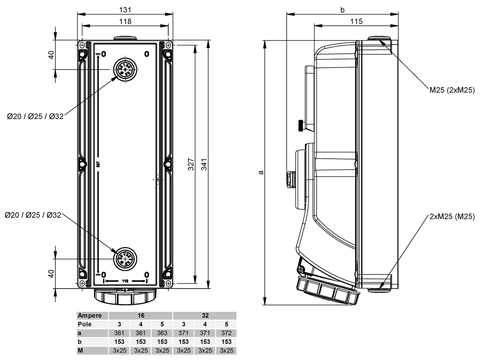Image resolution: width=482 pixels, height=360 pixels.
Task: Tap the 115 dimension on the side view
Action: pyautogui.click(x=356, y=21)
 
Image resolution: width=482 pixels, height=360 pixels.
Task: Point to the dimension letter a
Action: pyautogui.click(x=261, y=172)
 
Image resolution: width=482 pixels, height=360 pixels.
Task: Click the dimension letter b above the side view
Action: pyautogui.click(x=342, y=10)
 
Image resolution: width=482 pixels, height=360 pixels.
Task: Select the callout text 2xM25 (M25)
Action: pyautogui.click(x=451, y=217)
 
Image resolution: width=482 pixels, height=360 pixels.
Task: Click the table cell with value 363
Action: pyautogui.click(x=162, y=333)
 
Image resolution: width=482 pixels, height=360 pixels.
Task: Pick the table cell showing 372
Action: pyautogui.click(x=226, y=333)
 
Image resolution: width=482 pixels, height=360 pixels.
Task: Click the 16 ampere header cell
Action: pyautogui.click(x=141, y=315)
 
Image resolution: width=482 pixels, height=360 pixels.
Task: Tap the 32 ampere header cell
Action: pyautogui.click(x=205, y=315)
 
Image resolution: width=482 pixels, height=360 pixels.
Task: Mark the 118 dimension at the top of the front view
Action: pyautogui.click(x=125, y=21)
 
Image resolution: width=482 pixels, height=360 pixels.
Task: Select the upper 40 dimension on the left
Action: pyautogui.click(x=51, y=55)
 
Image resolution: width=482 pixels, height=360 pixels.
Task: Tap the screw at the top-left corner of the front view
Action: pyautogui.click(x=82, y=45)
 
